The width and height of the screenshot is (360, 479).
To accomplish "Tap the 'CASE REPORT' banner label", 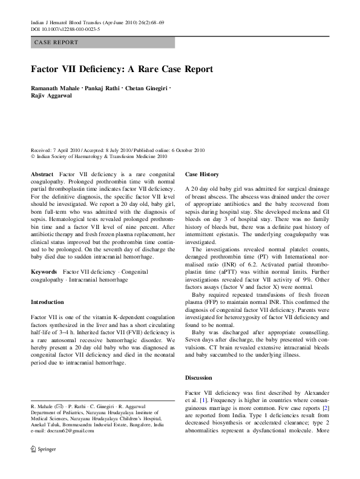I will click(x=56, y=42).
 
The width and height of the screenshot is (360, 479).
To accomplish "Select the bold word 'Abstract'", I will click(x=42, y=174).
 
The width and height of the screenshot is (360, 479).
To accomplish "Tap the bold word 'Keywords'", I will click(x=44, y=273).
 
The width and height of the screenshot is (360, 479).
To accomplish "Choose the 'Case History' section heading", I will click(x=202, y=174).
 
